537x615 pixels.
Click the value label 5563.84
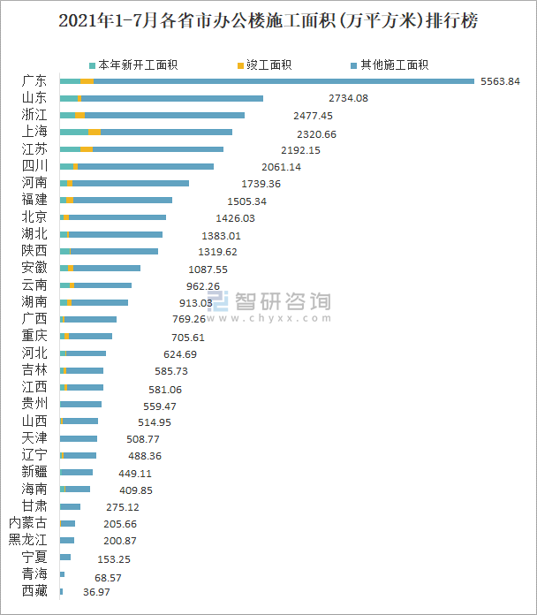500,81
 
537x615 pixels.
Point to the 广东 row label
34,81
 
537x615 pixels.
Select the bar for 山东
162,98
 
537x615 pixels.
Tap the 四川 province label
34,166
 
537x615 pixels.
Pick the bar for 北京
113,216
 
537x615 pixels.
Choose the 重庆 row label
34,336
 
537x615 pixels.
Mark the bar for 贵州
80,404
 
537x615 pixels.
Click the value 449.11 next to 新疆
136,473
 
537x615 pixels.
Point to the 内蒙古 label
28,523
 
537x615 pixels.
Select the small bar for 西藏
61,590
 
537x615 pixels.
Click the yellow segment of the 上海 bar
95,132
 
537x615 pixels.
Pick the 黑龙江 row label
28,540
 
